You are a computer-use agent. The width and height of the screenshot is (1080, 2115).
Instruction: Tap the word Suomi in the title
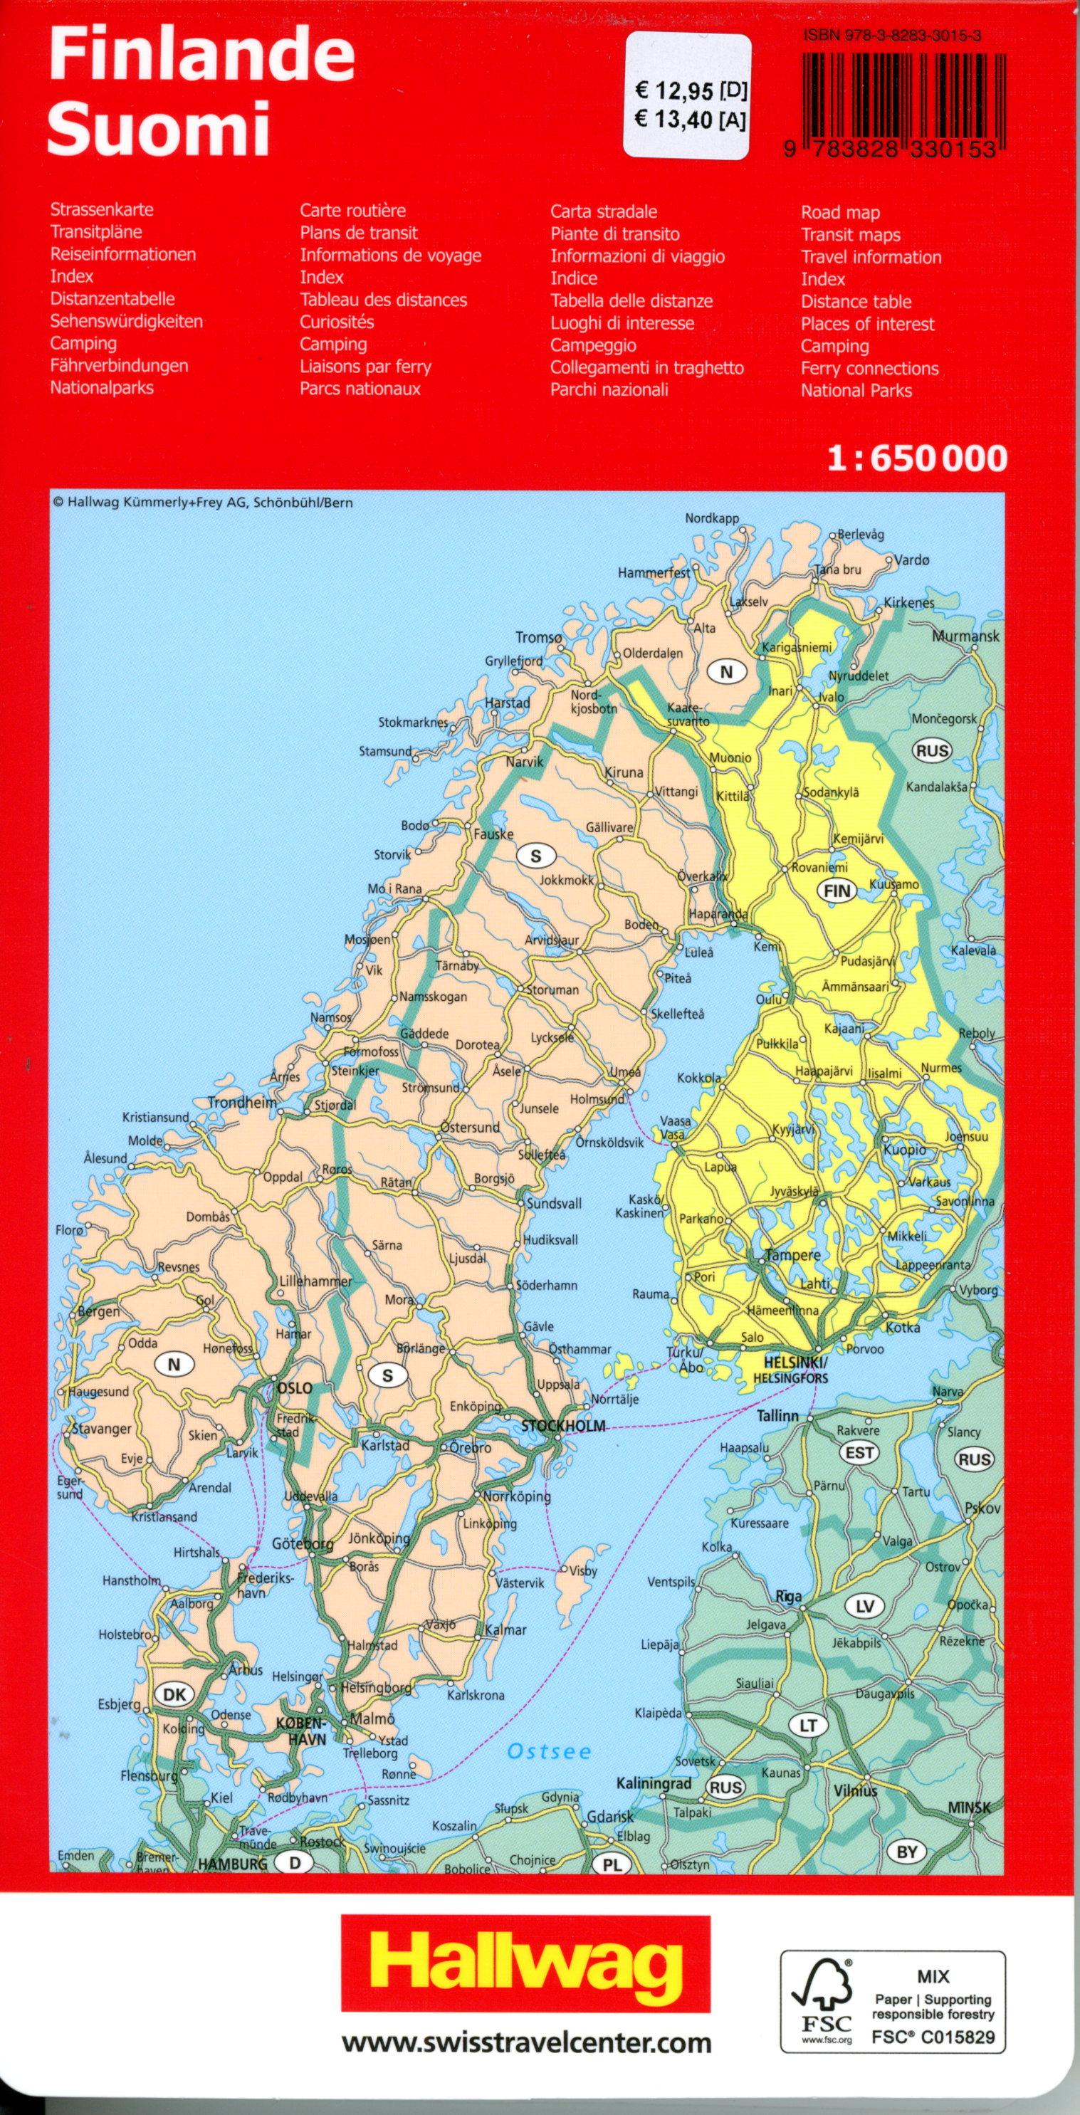[x=159, y=129]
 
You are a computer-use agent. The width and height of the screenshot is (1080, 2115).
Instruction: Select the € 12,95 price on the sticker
[x=680, y=88]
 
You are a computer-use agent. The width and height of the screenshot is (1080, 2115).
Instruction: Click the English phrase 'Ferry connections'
[x=869, y=369]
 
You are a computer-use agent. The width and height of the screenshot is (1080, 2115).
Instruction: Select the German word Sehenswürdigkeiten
[x=126, y=321]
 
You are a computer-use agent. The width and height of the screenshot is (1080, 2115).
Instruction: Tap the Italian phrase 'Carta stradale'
[x=604, y=211]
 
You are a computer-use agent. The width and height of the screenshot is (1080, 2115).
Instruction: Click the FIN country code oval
[x=835, y=889]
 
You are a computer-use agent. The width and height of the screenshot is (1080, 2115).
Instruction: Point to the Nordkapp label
[x=712, y=519]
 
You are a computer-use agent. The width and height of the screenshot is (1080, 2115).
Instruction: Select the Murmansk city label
[x=965, y=636]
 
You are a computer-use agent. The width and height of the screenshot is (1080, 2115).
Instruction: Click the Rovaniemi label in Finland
[x=819, y=868]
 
